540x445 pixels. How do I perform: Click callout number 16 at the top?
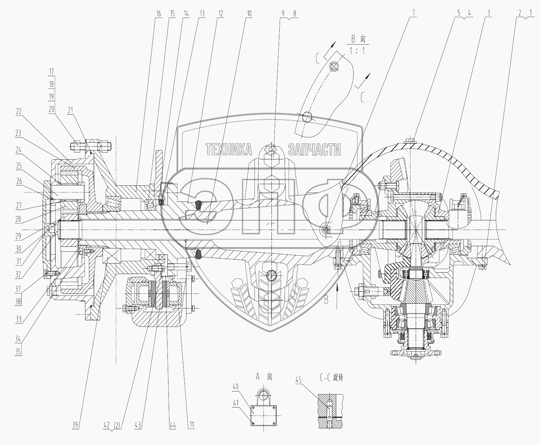tap(159, 14)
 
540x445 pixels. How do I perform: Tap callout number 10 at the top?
tap(249, 14)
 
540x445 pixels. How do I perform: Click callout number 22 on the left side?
tap(18, 112)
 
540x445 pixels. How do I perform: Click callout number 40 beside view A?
tap(235, 387)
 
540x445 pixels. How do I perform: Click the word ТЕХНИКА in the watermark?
tap(229, 150)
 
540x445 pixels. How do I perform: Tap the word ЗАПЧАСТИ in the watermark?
tap(314, 150)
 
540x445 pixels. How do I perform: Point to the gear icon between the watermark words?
tap(270, 150)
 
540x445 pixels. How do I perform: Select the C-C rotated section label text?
tap(331, 378)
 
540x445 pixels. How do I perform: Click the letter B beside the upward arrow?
tap(326, 300)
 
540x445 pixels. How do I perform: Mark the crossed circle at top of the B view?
tap(333, 67)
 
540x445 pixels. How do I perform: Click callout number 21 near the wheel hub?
tap(70, 110)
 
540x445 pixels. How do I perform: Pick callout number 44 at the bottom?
tap(172, 425)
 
